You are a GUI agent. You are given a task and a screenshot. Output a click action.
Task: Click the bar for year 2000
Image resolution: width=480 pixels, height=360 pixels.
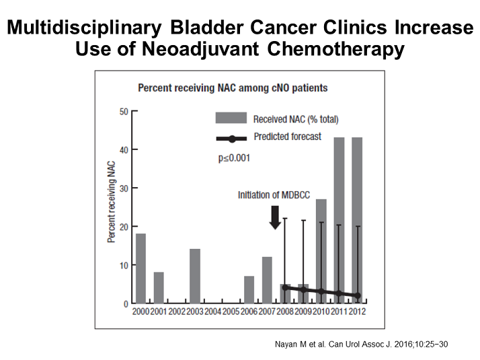tap(141, 268)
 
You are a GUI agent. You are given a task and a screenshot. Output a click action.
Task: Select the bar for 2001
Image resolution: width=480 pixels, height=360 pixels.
tap(159, 288)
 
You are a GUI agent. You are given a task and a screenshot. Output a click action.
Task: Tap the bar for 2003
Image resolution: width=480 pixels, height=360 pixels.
tap(195, 277)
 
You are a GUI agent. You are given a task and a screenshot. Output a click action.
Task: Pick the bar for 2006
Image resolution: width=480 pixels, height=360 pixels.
tap(249, 290)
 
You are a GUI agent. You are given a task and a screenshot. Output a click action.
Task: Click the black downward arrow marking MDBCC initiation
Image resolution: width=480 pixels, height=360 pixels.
tap(275, 217)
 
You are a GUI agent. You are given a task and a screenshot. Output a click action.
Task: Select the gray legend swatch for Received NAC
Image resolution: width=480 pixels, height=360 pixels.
tap(231, 119)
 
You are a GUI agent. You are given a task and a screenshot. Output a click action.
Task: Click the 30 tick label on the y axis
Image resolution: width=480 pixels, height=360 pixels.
tap(124, 188)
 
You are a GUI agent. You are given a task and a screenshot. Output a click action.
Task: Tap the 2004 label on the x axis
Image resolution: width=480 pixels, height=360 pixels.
tap(212, 312)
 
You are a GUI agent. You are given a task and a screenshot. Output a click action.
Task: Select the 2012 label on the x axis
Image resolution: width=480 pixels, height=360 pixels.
tap(357, 312)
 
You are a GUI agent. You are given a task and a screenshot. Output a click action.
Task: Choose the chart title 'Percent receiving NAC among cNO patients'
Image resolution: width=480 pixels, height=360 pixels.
tap(233, 87)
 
